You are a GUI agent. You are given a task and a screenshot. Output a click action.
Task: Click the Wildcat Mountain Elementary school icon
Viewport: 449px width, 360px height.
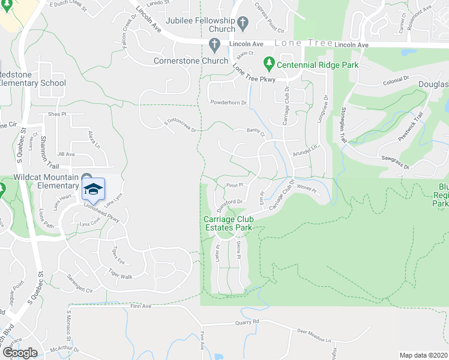(x=93, y=188)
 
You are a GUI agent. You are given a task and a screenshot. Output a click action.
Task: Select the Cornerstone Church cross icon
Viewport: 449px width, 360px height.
(x=215, y=44)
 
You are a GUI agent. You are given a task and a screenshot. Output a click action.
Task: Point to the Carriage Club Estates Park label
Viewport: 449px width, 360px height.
(x=228, y=223)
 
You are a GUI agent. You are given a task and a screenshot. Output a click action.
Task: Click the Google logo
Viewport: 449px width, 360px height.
(x=19, y=353)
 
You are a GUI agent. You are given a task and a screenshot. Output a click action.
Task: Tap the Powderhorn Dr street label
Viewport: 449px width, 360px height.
(x=228, y=103)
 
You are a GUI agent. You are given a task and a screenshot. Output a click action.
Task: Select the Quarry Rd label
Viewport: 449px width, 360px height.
(x=247, y=322)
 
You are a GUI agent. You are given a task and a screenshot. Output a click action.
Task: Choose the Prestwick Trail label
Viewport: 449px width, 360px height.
(x=411, y=127)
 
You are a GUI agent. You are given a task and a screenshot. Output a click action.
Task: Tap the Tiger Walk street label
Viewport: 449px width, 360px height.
(x=120, y=274)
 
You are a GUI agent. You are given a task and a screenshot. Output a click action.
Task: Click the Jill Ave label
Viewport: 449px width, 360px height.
(x=67, y=154)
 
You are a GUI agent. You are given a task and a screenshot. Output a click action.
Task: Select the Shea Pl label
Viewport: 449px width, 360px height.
(x=57, y=113)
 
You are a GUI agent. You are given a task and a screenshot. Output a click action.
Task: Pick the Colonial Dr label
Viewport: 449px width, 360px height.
(x=396, y=79)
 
